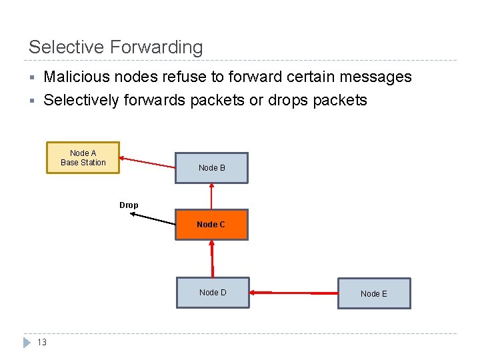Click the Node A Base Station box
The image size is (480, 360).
pos(83,158)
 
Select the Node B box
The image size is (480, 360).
pos(211,168)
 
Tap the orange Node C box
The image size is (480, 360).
pos(211,225)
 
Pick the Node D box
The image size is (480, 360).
pos(212,293)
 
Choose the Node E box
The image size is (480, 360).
pos(373,294)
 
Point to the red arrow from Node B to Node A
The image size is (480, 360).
pos(147,163)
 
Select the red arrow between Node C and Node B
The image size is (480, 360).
pos(211,197)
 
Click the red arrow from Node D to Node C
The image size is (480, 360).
pos(212,258)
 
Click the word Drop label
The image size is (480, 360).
pos(129,205)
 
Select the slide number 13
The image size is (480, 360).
pos(41,343)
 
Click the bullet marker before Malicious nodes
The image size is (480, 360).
pos(31,77)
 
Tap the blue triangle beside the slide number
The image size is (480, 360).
pos(27,343)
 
